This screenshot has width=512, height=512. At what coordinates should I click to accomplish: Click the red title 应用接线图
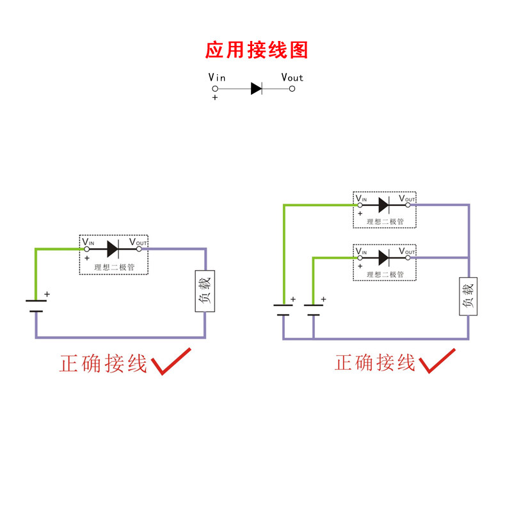tap(257, 50)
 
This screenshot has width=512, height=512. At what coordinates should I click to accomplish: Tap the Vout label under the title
tap(292, 77)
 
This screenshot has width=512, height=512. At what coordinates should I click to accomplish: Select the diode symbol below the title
tap(257, 88)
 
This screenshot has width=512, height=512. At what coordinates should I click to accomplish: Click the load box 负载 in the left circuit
tap(205, 291)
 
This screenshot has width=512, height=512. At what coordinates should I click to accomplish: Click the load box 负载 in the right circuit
tap(468, 297)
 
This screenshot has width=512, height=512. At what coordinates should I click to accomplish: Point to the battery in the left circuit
tap(36, 306)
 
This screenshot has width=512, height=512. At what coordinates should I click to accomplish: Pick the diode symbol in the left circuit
tap(113, 248)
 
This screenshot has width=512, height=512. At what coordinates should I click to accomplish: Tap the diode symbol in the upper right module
tap(383, 205)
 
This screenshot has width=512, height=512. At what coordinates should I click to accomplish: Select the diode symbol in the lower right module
tap(383, 257)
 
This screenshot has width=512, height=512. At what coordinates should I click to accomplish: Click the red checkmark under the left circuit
tap(170, 361)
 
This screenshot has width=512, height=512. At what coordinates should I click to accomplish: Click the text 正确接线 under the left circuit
tap(103, 364)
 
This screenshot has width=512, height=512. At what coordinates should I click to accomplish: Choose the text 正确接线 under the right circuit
tap(375, 364)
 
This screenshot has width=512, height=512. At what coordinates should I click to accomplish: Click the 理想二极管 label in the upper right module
tap(385, 222)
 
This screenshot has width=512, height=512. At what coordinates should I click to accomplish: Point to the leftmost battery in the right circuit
tap(284, 310)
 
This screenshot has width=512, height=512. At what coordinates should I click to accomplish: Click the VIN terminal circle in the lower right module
tap(359, 257)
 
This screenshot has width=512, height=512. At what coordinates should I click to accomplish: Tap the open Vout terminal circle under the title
tap(292, 88)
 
